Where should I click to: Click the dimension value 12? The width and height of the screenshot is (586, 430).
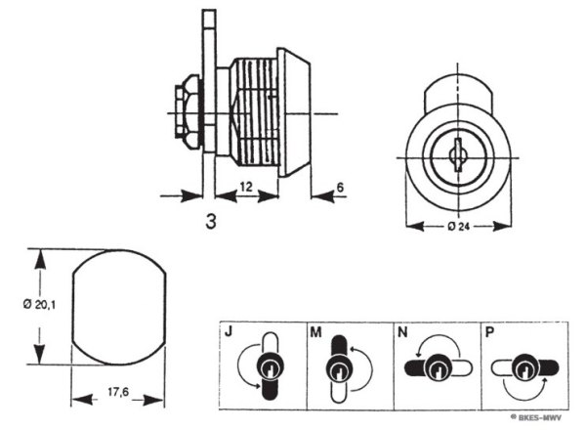pyautogui.click(x=246, y=187)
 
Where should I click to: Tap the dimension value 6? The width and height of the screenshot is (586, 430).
pyautogui.click(x=340, y=187)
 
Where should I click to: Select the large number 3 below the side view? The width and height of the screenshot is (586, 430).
pyautogui.click(x=211, y=222)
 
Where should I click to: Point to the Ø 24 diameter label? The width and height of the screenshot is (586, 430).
pyautogui.click(x=458, y=227)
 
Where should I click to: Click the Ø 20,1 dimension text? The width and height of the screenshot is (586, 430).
pyautogui.click(x=39, y=305)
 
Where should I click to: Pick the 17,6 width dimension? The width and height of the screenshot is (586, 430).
pyautogui.click(x=118, y=392)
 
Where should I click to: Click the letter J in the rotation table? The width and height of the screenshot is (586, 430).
pyautogui.click(x=229, y=331)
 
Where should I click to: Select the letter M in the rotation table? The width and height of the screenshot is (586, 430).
pyautogui.click(x=315, y=332)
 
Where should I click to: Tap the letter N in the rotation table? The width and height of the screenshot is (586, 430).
pyautogui.click(x=402, y=332)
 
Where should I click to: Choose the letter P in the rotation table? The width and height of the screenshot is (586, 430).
pyautogui.click(x=489, y=332)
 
